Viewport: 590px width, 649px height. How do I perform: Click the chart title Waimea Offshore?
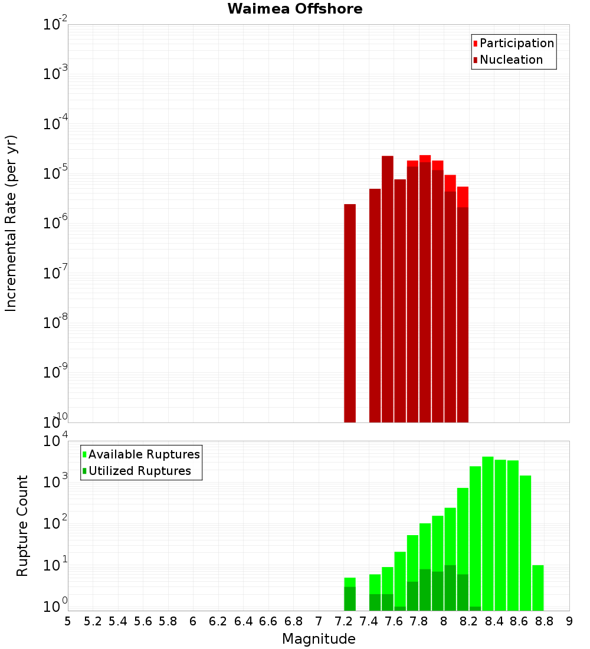click(x=295, y=9)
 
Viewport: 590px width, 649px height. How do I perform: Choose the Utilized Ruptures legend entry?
click(x=139, y=471)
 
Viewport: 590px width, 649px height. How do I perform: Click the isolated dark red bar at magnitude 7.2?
click(x=350, y=313)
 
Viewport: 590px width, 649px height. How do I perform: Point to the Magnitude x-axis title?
click(x=319, y=639)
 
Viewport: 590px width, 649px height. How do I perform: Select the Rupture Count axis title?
click(x=22, y=525)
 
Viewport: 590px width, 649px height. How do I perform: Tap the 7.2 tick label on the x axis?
click(x=343, y=621)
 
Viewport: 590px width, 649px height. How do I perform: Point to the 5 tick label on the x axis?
click(x=68, y=621)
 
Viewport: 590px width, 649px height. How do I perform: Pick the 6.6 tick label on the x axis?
click(x=268, y=621)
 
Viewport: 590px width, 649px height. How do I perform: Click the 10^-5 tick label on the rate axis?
click(x=55, y=173)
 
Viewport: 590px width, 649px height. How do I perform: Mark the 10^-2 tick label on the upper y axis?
click(x=55, y=25)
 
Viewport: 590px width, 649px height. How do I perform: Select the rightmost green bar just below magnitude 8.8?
click(x=537, y=588)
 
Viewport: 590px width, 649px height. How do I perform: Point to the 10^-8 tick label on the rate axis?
click(x=55, y=323)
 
